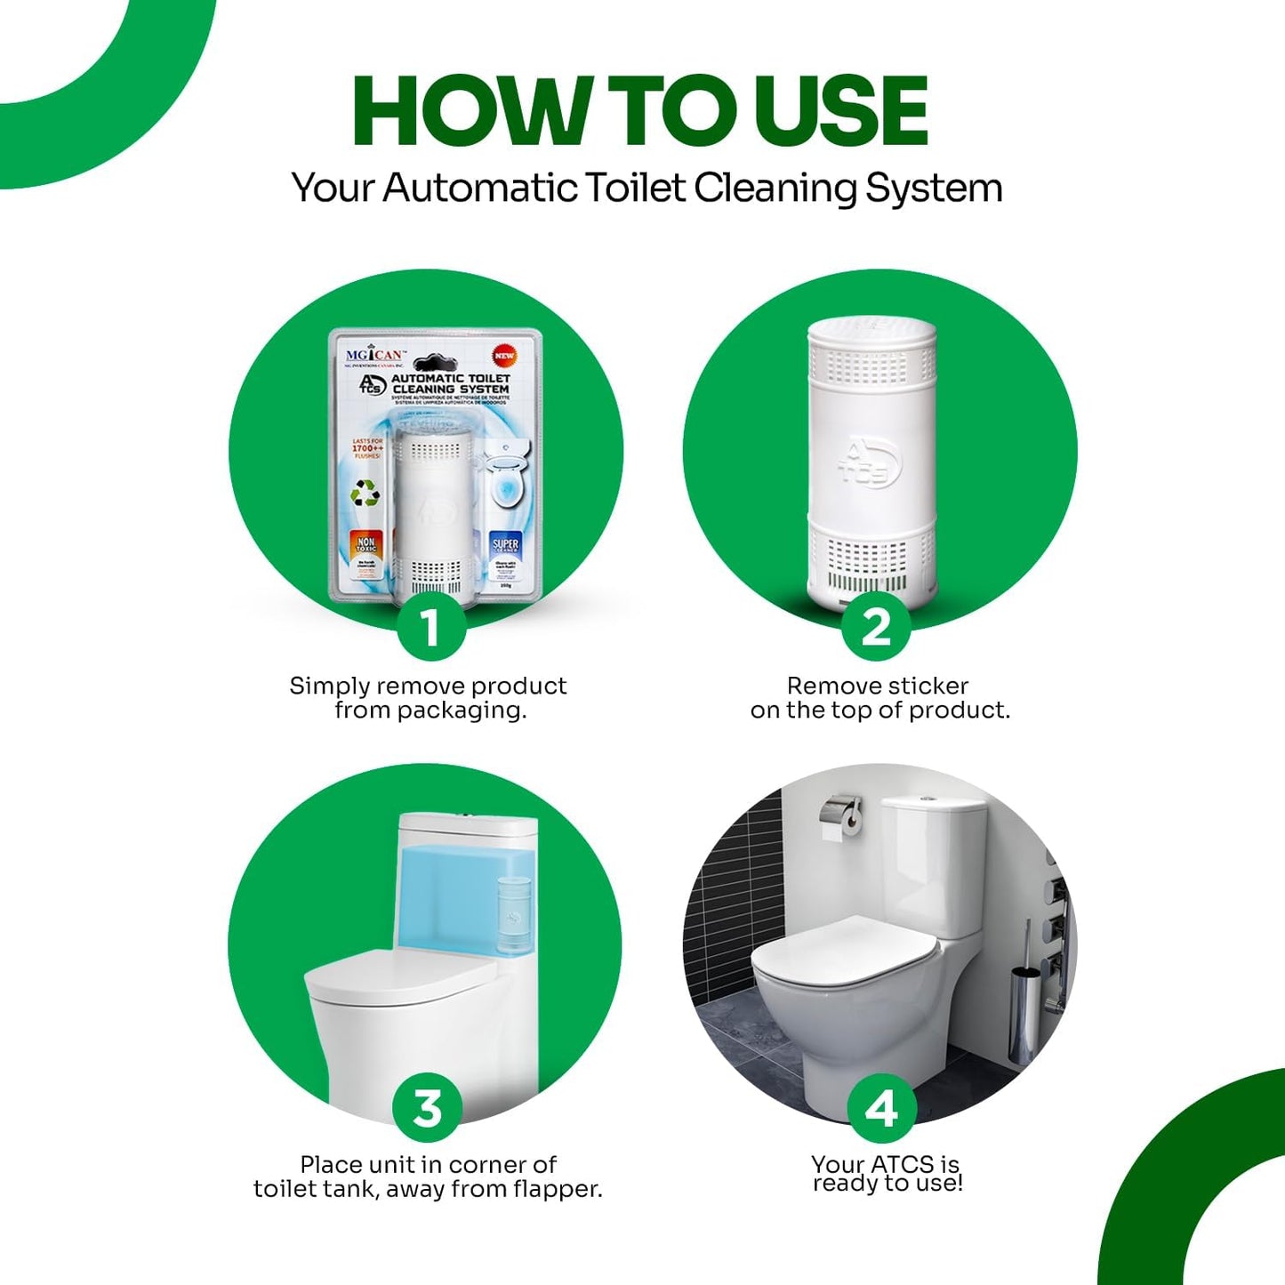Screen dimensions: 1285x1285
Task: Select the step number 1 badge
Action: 431,627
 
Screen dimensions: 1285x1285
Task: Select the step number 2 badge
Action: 877,627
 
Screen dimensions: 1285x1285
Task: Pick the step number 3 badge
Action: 428,1108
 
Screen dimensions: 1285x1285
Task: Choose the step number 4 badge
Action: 881,1108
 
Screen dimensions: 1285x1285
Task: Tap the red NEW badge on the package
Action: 504,356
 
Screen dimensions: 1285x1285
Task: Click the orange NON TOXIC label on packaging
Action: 366,543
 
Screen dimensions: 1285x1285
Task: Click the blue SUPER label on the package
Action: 505,544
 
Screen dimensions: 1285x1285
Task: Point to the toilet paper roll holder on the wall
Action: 841,816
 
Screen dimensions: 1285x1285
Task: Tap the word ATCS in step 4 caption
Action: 903,1164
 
